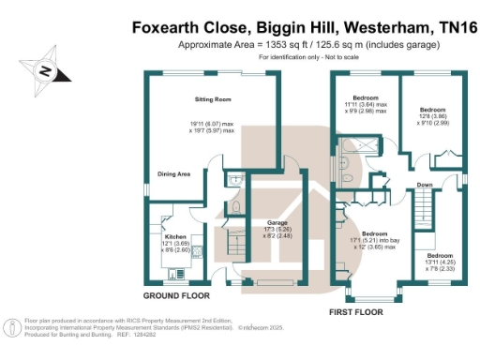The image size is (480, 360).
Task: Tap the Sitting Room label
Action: [215, 99]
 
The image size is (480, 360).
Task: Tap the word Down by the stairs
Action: [425, 185]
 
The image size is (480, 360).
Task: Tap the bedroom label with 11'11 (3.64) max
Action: [366, 97]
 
